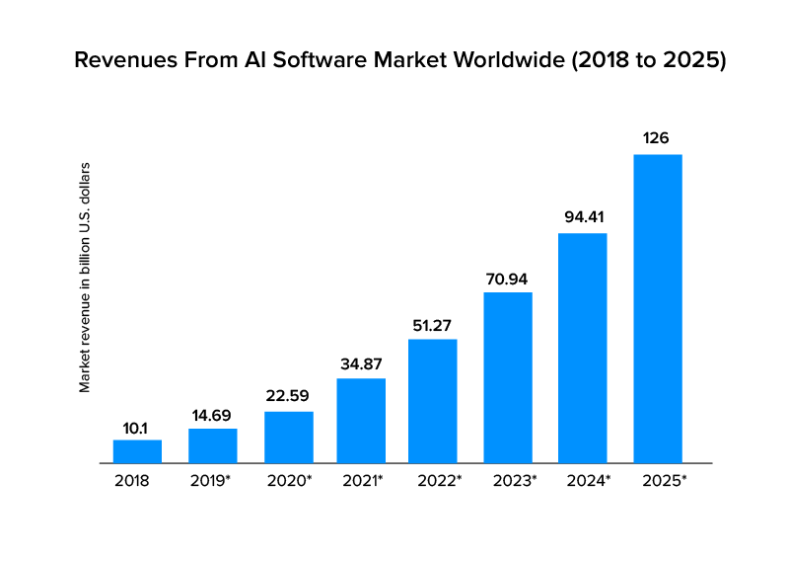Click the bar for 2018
(x=137, y=451)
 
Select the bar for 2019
(x=213, y=445)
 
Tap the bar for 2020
(x=289, y=437)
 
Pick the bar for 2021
(x=361, y=420)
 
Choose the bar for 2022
(x=433, y=400)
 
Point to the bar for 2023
(x=508, y=377)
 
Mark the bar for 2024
(x=583, y=348)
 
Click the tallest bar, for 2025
(x=658, y=308)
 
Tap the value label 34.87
(x=361, y=362)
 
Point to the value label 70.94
(x=508, y=278)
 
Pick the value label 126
(x=658, y=138)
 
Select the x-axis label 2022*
(x=433, y=481)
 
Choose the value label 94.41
(x=583, y=217)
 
